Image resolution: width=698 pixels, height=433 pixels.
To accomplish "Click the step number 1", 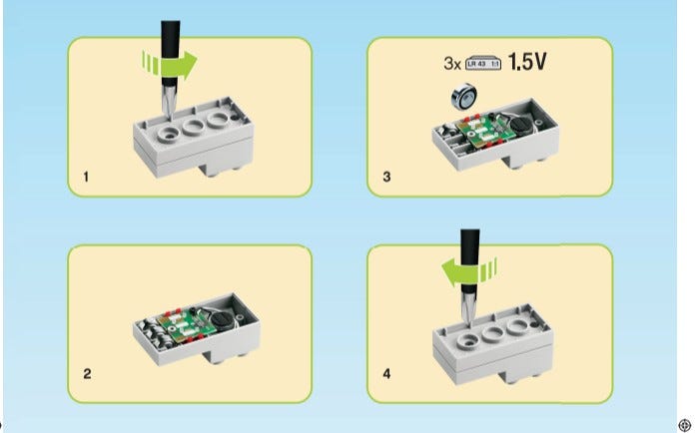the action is (86, 177).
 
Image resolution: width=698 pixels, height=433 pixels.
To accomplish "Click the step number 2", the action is (87, 374).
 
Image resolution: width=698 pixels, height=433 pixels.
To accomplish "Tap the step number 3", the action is (386, 177).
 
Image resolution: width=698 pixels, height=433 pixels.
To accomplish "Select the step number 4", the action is (386, 374).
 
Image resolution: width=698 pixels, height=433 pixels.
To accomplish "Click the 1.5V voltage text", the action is (527, 61).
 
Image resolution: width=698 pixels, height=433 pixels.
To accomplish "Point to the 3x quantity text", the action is (452, 64).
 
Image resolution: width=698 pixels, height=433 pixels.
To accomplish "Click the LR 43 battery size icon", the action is (483, 64).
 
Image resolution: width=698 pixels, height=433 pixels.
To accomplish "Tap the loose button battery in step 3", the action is (464, 96).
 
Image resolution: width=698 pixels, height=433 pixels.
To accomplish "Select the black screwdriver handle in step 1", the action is (170, 53).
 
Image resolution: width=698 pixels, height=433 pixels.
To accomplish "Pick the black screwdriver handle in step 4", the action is (470, 260).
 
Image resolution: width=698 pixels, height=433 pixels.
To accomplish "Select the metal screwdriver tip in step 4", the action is (468, 308).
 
